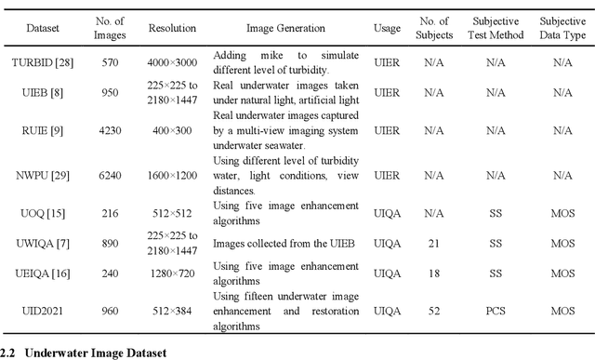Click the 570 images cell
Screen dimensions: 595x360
(x=111, y=62)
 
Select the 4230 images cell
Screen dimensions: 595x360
(x=111, y=131)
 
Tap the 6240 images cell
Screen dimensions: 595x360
(x=111, y=174)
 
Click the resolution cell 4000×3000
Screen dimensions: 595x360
(x=172, y=62)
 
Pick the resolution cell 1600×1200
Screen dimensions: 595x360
(x=172, y=174)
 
